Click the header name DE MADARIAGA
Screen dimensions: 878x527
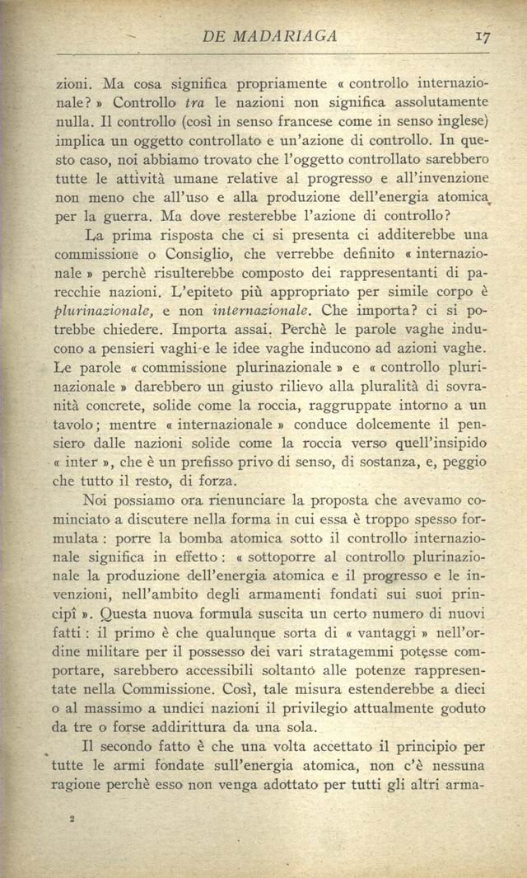(x=269, y=36)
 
